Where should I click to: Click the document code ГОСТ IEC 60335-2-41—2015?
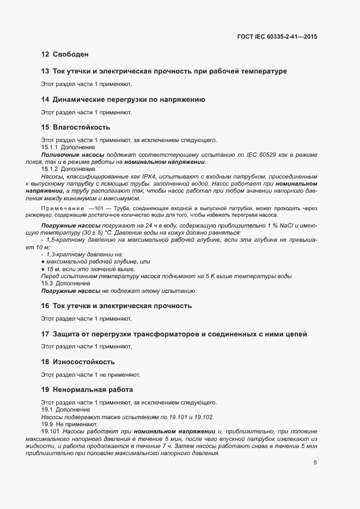pos(277,37)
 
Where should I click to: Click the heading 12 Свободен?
pos(64,54)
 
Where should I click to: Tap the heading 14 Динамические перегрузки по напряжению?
pos(123,100)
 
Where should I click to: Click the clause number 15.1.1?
pos(50,148)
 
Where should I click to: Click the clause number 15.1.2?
pos(50,169)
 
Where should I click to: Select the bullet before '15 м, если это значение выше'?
pos(42,269)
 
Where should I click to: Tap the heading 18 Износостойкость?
pos(78,361)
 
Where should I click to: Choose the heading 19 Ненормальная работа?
pos(87,390)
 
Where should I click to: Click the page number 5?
pos(315,463)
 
